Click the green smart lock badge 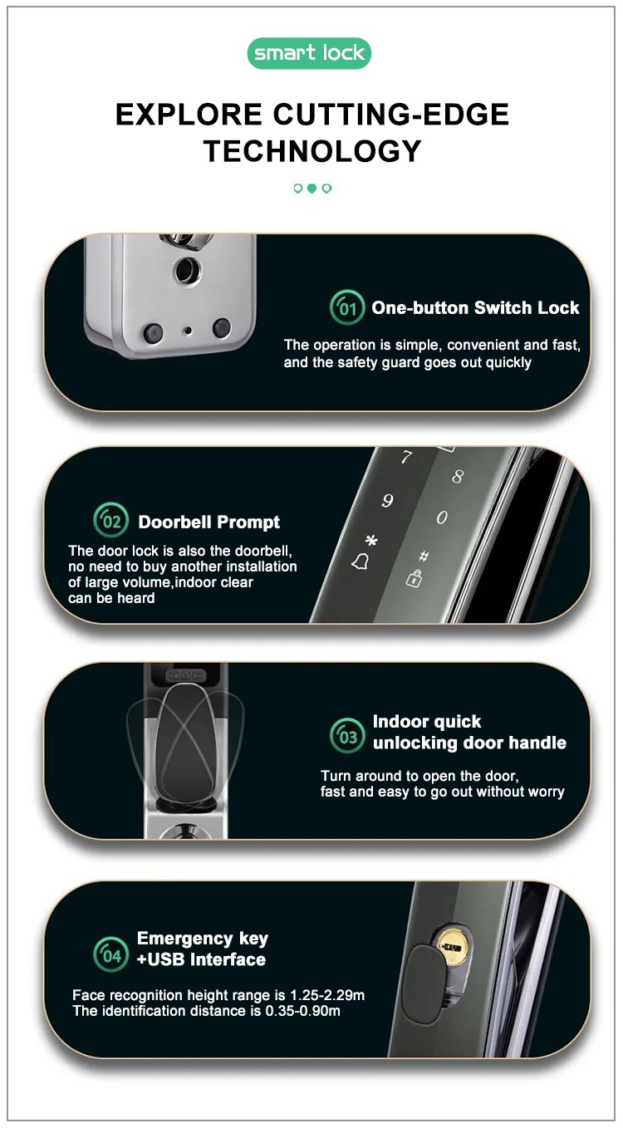point(309,53)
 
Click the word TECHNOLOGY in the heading point(312,151)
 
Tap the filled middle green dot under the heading point(311,189)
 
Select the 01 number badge point(347,307)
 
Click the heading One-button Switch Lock point(475,307)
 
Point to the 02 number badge point(110,520)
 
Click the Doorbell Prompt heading point(209,522)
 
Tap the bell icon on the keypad point(361,562)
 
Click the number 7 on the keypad point(406,457)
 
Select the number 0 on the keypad point(442,517)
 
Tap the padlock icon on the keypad point(414,578)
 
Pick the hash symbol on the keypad point(424,556)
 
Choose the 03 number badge point(347,735)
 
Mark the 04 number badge point(110,954)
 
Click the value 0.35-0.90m point(302,1011)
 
